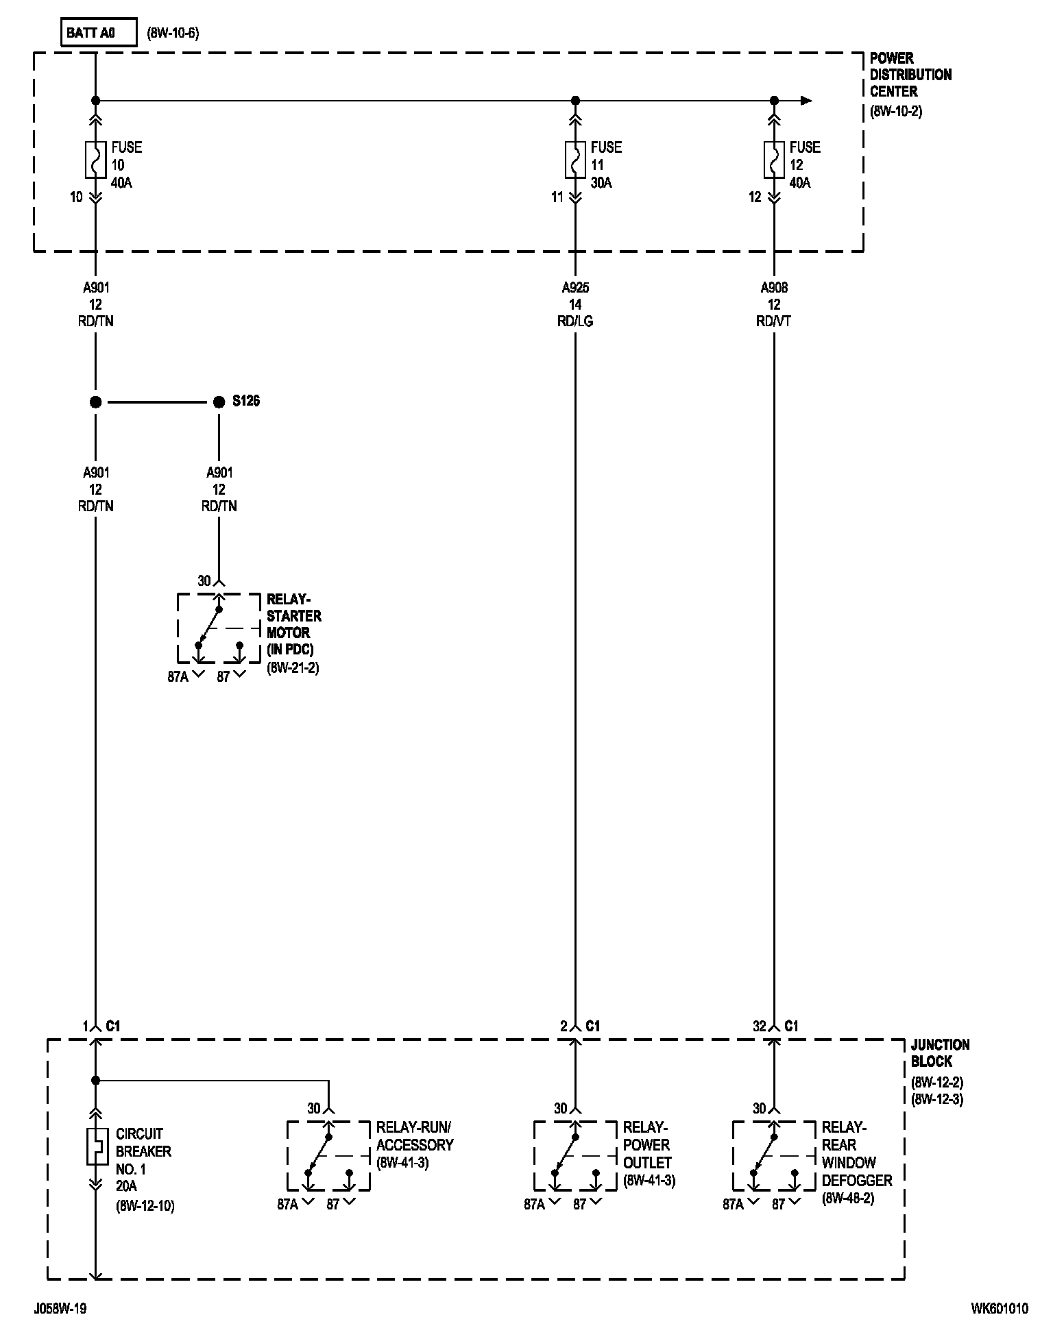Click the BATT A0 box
coord(99,34)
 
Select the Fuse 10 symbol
coord(95,160)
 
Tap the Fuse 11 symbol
coord(575,160)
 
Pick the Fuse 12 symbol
coord(774,160)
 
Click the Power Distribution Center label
coord(910,75)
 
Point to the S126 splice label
coord(246,402)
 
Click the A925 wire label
coord(575,288)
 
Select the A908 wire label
coord(774,288)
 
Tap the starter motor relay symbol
coord(219,628)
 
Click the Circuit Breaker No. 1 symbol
coord(96,1145)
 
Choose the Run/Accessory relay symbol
coord(328,1156)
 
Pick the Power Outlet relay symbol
coord(575,1156)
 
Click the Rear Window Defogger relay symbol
coord(774,1156)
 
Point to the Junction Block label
coord(940,1053)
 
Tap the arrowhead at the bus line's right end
coord(807,101)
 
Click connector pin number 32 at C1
coord(759,1026)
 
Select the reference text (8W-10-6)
coord(173,34)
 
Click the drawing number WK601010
coord(999,1309)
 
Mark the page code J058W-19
coord(60,1309)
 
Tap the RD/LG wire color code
coord(575,321)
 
